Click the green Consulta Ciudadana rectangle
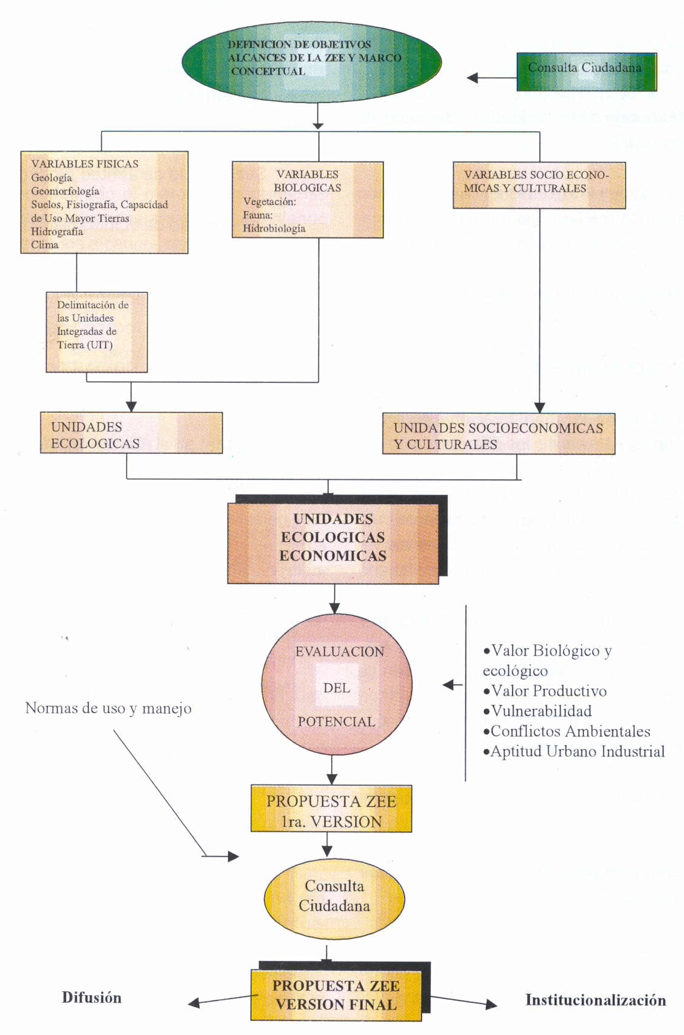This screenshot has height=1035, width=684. pyautogui.click(x=586, y=72)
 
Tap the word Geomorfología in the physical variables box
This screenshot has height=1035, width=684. pyautogui.click(x=65, y=191)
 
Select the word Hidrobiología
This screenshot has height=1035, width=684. pyautogui.click(x=274, y=229)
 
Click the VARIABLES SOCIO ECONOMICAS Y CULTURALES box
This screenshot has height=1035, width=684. pyautogui.click(x=539, y=184)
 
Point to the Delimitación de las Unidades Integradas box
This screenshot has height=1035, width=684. pyautogui.click(x=97, y=332)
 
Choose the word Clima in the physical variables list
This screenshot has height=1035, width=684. pyautogui.click(x=45, y=245)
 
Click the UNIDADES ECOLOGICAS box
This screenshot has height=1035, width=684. pyautogui.click(x=131, y=433)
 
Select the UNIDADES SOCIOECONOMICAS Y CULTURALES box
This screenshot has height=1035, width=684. pyautogui.click(x=498, y=434)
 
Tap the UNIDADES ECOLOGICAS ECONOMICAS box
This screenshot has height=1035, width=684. pyautogui.click(x=333, y=538)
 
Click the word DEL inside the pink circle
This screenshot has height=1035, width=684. pyautogui.click(x=336, y=688)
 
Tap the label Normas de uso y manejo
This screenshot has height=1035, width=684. pyautogui.click(x=108, y=708)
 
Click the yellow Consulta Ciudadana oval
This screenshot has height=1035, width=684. pyautogui.click(x=334, y=897)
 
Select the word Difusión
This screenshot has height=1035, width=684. pyautogui.click(x=92, y=998)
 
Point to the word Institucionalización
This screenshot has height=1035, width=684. pyautogui.click(x=595, y=1000)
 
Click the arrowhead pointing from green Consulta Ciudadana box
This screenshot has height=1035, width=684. pyautogui.click(x=473, y=78)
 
